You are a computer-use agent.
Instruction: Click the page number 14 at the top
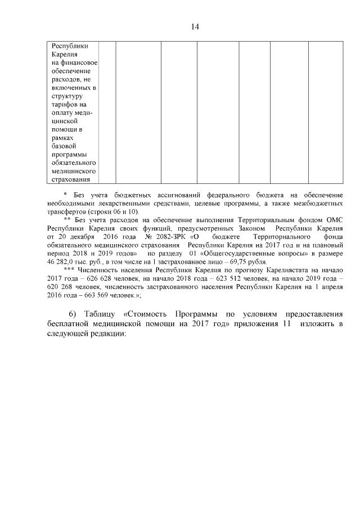pyautogui.click(x=195, y=26)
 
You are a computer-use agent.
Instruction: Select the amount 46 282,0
pyautogui.click(x=61, y=263)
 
